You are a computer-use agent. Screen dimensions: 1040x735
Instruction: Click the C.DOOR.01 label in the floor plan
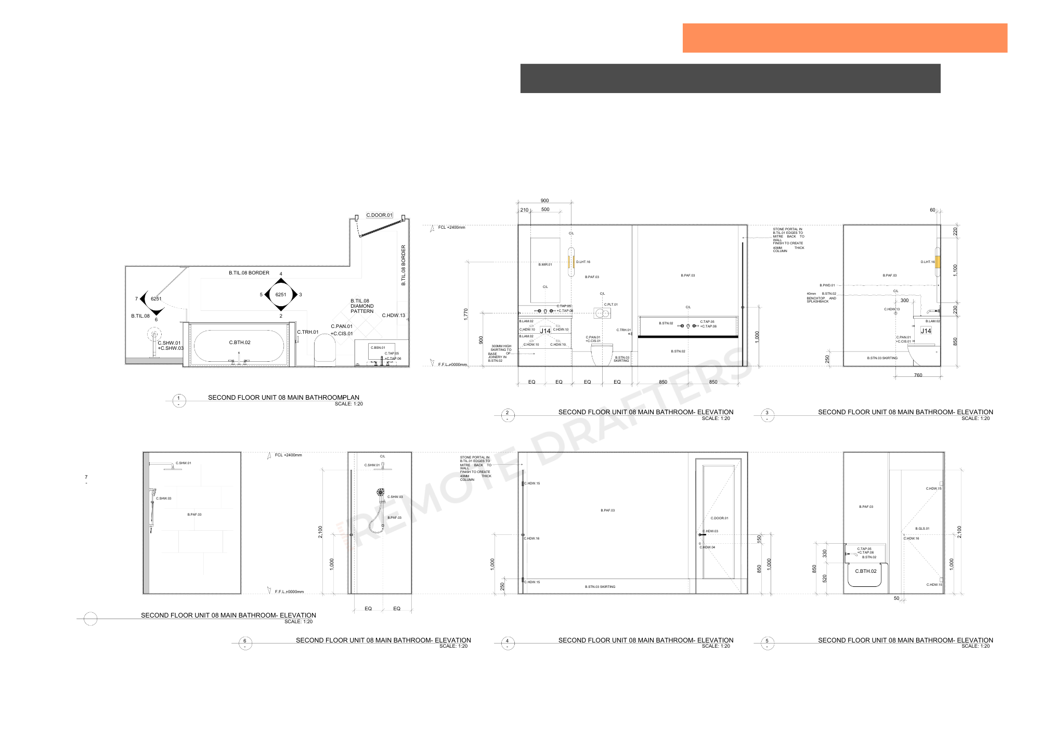[379, 215]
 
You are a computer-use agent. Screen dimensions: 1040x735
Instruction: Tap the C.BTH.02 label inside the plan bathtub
[240, 343]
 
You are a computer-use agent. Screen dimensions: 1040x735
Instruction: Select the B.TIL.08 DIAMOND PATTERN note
[362, 306]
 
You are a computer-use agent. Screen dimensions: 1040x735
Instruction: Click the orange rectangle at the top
[844, 38]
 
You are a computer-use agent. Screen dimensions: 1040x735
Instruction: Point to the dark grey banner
[730, 78]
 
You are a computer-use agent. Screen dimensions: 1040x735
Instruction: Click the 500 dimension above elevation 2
[545, 209]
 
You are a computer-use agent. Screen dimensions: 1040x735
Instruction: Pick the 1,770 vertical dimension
[466, 313]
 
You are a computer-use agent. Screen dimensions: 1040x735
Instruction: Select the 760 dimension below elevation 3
[918, 375]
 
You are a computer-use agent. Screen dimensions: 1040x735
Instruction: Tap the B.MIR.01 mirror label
[545, 265]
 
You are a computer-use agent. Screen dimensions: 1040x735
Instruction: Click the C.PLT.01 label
[610, 305]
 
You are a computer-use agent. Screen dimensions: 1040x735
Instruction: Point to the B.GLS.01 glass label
[922, 529]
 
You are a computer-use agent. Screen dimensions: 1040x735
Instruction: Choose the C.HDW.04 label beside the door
[707, 547]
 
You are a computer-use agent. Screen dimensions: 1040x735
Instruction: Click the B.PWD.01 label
[827, 285]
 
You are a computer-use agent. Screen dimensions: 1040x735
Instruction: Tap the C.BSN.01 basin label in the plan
[378, 348]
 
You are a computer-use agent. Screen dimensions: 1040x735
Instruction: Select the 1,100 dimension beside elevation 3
[955, 270]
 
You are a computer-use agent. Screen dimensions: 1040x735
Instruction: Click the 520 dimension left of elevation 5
[825, 578]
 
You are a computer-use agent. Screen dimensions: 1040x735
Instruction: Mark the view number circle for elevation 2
[508, 415]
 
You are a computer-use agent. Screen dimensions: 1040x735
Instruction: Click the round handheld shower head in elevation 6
[381, 492]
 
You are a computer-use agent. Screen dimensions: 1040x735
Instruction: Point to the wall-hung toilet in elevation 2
[602, 355]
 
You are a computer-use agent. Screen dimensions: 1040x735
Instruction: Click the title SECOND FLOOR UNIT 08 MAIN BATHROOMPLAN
[283, 398]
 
